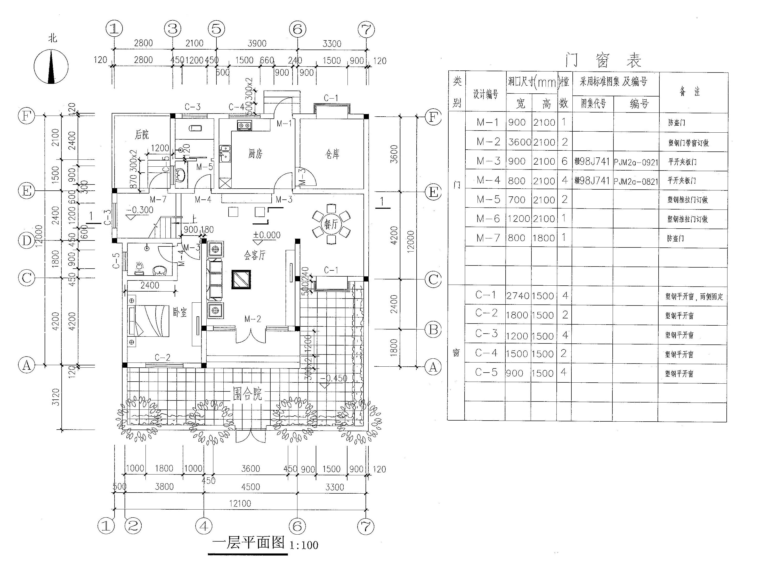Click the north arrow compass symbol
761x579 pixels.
pos(51,66)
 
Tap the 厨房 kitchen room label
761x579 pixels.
pos(255,154)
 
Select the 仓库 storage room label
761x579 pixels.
pos(333,154)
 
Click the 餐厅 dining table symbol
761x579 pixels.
pos(331,224)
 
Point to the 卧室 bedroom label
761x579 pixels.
pos(180,312)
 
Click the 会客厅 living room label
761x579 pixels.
pos(255,255)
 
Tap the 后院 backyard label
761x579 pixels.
pos(142,134)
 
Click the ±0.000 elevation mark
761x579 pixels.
pos(267,235)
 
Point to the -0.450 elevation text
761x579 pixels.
pos(334,378)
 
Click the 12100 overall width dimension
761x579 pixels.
pos(240,503)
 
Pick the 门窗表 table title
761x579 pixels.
pos(603,61)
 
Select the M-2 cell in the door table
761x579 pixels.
pos(488,142)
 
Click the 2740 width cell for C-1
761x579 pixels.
pos(518,296)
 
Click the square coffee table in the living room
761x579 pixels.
pos(241,279)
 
